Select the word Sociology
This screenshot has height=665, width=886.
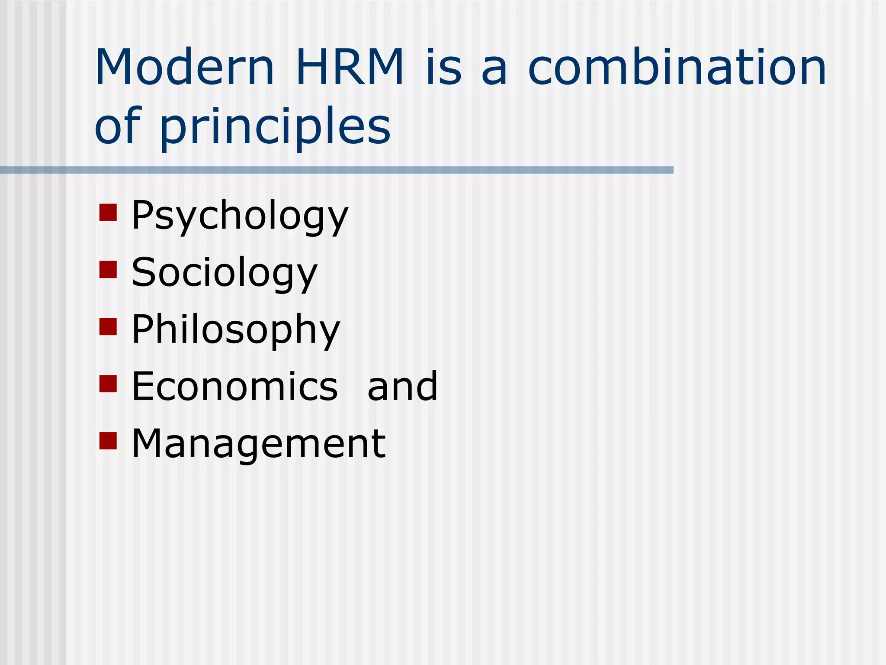pyautogui.click(x=225, y=273)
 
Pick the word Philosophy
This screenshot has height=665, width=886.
pyautogui.click(x=236, y=330)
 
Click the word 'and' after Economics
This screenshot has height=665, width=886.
pyautogui.click(x=402, y=386)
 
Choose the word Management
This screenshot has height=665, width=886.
pyautogui.click(x=258, y=443)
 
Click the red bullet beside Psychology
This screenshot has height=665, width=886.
pyautogui.click(x=108, y=213)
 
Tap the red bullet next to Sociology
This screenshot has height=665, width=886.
pyautogui.click(x=108, y=269)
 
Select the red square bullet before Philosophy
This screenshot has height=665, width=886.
pyautogui.click(x=108, y=327)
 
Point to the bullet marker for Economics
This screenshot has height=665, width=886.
pyautogui.click(x=108, y=384)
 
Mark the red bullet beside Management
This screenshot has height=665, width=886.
pyautogui.click(x=108, y=441)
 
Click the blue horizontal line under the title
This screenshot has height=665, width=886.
pyautogui.click(x=337, y=170)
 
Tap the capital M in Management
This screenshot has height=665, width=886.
pyautogui.click(x=149, y=443)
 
